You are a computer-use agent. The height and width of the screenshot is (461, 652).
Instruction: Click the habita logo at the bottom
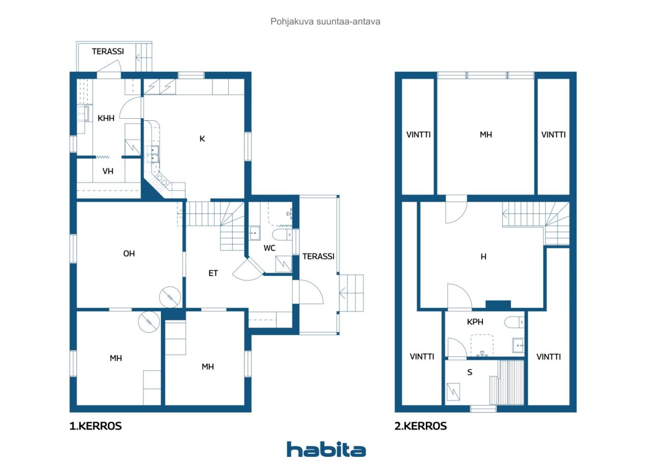click(x=326, y=449)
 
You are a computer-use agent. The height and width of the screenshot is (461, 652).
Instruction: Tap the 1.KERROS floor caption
click(x=95, y=426)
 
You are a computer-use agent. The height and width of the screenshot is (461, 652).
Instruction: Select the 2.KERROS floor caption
click(x=421, y=426)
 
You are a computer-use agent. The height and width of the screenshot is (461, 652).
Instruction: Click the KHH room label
click(x=106, y=118)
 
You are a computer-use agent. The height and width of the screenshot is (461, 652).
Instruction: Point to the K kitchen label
click(x=202, y=139)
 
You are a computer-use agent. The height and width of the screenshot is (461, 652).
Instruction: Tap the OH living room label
click(x=129, y=254)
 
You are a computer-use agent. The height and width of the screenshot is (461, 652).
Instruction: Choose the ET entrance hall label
click(x=213, y=273)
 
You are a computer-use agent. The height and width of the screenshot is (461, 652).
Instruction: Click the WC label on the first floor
click(x=269, y=248)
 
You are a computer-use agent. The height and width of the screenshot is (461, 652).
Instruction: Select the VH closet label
click(x=108, y=171)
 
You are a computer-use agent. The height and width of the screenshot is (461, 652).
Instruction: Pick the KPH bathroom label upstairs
click(x=475, y=322)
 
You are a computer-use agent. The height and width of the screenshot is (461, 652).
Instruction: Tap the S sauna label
click(x=470, y=372)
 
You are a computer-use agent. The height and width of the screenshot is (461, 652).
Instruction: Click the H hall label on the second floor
click(x=483, y=257)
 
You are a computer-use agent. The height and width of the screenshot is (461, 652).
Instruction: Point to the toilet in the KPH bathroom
click(x=514, y=322)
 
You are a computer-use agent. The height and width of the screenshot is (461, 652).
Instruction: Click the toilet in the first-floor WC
click(x=283, y=234)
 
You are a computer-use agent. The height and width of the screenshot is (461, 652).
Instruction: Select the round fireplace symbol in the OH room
click(x=170, y=297)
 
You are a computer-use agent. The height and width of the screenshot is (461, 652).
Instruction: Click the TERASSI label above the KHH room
click(x=108, y=51)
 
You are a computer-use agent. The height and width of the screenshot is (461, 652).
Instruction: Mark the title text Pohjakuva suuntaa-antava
click(x=325, y=21)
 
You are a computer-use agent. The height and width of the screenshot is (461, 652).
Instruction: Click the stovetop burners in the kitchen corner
click(x=159, y=182)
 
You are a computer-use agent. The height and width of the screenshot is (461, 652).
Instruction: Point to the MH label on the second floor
click(x=486, y=135)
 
